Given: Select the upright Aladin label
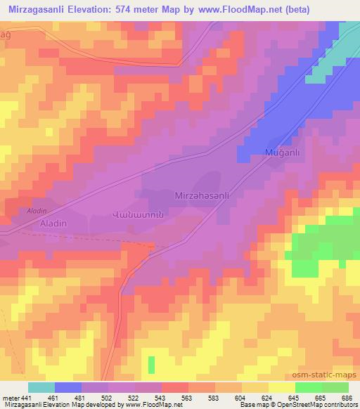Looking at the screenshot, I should [x=52, y=223].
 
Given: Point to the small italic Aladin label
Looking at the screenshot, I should [x=36, y=211].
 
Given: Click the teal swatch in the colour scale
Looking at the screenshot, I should [x=41, y=387].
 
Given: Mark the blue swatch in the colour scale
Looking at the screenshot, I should [x=68, y=387].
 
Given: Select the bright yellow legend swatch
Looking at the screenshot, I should [x=282, y=387].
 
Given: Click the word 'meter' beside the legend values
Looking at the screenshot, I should [x=11, y=397].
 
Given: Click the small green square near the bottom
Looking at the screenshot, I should [x=151, y=365].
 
